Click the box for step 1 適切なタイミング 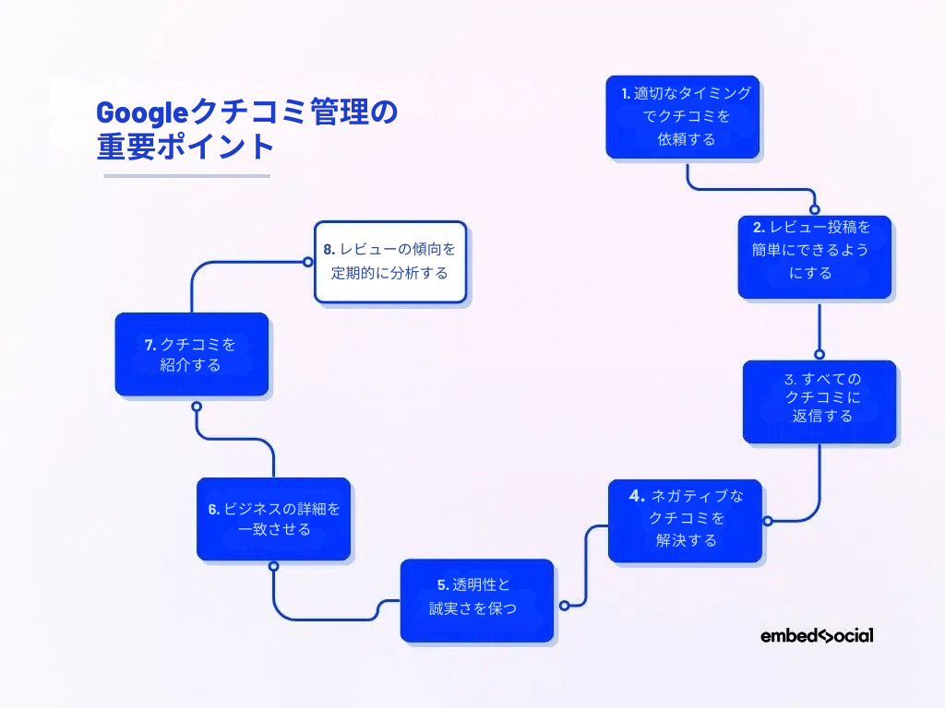click(x=682, y=116)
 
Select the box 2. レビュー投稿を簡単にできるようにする click(x=814, y=257)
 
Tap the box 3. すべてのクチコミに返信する click(x=819, y=401)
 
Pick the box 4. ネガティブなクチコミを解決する click(x=685, y=520)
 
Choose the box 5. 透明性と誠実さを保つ click(x=476, y=599)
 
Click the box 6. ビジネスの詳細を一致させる click(x=273, y=518)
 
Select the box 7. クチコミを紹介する click(x=191, y=354)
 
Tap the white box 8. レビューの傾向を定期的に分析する click(x=389, y=262)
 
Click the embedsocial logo click(x=817, y=635)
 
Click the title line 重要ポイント click(x=185, y=147)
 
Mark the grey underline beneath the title click(x=187, y=176)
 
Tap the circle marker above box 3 click(x=819, y=353)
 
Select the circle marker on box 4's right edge click(x=767, y=521)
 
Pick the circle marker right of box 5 click(x=564, y=606)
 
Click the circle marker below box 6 click(x=273, y=566)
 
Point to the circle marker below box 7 click(x=196, y=406)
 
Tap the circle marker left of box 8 click(x=308, y=262)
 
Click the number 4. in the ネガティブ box click(x=637, y=496)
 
